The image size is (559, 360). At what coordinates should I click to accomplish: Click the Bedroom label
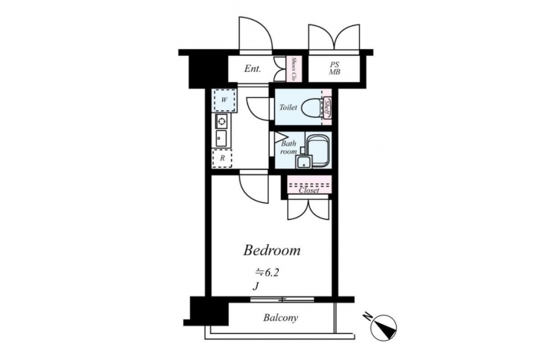tap(272, 250)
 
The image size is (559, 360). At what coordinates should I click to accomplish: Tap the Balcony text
tap(280, 318)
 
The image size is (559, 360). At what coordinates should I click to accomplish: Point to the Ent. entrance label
tap(253, 68)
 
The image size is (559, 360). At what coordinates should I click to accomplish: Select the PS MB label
tap(335, 68)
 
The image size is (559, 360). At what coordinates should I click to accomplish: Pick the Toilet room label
tap(288, 107)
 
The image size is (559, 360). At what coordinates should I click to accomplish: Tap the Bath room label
tap(289, 148)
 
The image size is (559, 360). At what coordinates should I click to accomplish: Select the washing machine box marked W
tap(224, 100)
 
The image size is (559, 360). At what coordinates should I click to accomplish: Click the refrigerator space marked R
tap(222, 159)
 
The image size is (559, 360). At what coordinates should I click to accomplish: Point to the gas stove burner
tap(221, 122)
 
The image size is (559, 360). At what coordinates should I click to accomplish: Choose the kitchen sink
tap(221, 139)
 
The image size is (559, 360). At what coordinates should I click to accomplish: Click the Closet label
tap(309, 191)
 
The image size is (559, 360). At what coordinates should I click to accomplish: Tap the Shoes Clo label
tap(294, 68)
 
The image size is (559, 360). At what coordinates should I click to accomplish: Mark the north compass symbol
tap(383, 327)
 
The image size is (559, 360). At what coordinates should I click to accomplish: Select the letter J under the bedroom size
tap(255, 286)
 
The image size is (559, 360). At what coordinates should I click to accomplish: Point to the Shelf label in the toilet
tap(327, 107)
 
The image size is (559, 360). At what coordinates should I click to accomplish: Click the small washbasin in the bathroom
tap(303, 161)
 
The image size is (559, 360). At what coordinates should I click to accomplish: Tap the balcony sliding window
tap(282, 299)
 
